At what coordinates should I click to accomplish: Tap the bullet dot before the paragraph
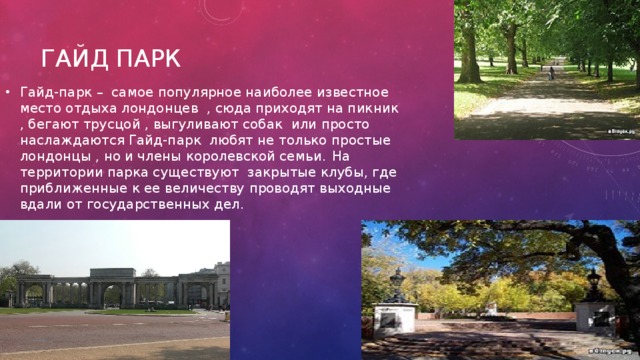coord(8,92)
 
